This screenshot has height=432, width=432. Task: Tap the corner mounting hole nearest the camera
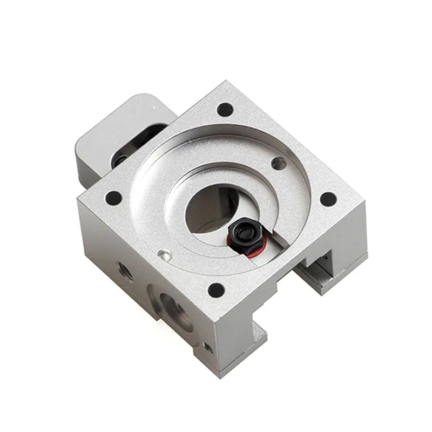pos(217,288)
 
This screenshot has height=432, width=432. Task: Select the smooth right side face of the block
pos(302,292)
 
